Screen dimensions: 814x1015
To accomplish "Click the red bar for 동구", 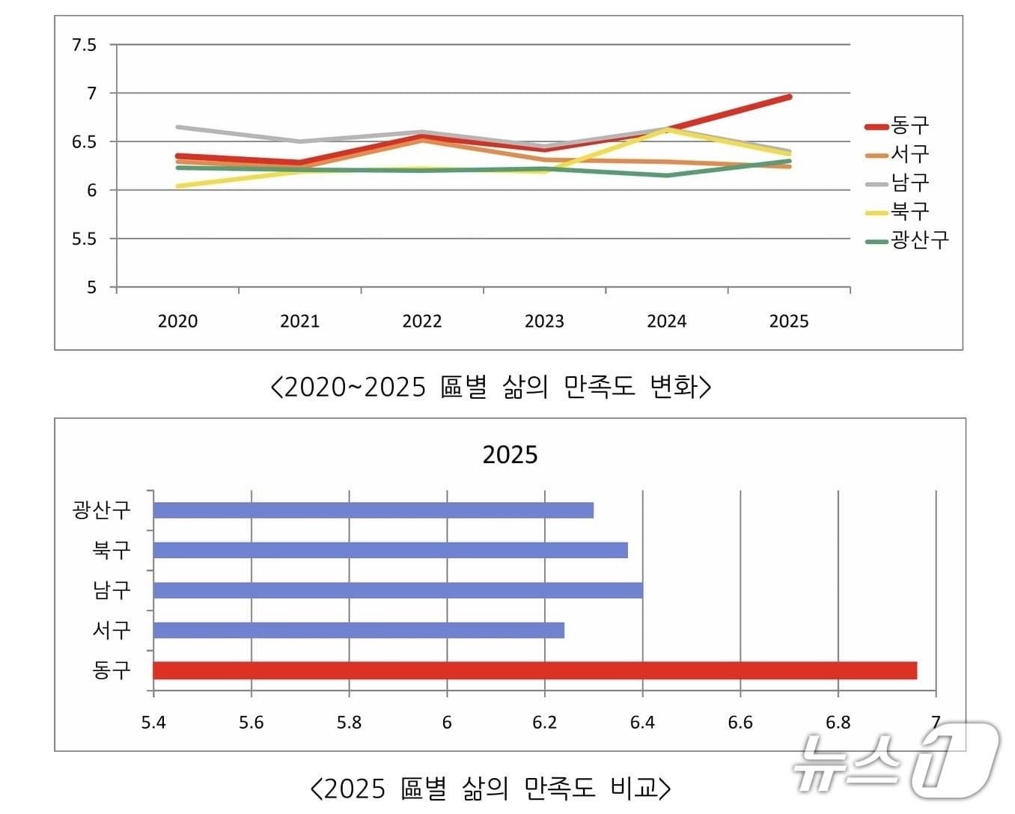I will coord(534,670).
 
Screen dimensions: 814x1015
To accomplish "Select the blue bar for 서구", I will coord(359,630).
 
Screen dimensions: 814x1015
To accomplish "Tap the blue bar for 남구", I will coord(397,590).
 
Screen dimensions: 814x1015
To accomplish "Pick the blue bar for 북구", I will coord(390,550).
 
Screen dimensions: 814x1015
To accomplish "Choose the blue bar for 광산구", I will coord(373,510).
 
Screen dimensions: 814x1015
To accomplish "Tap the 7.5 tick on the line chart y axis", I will coord(84,45).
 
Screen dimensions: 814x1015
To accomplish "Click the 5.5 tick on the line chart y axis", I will coord(84,239).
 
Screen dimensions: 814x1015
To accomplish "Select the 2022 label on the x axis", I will coord(422,321).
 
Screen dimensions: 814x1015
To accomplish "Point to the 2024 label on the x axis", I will coord(666,321).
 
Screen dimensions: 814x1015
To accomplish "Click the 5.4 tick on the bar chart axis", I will coord(153,722).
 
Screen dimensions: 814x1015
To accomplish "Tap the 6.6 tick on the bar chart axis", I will coord(740,722).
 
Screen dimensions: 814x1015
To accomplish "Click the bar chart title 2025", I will coord(510,455).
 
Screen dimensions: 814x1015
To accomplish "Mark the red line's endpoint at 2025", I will coord(789,97).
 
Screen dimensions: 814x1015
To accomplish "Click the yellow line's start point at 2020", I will coord(177,186).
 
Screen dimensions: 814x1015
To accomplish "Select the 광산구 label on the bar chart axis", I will coord(102,510).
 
